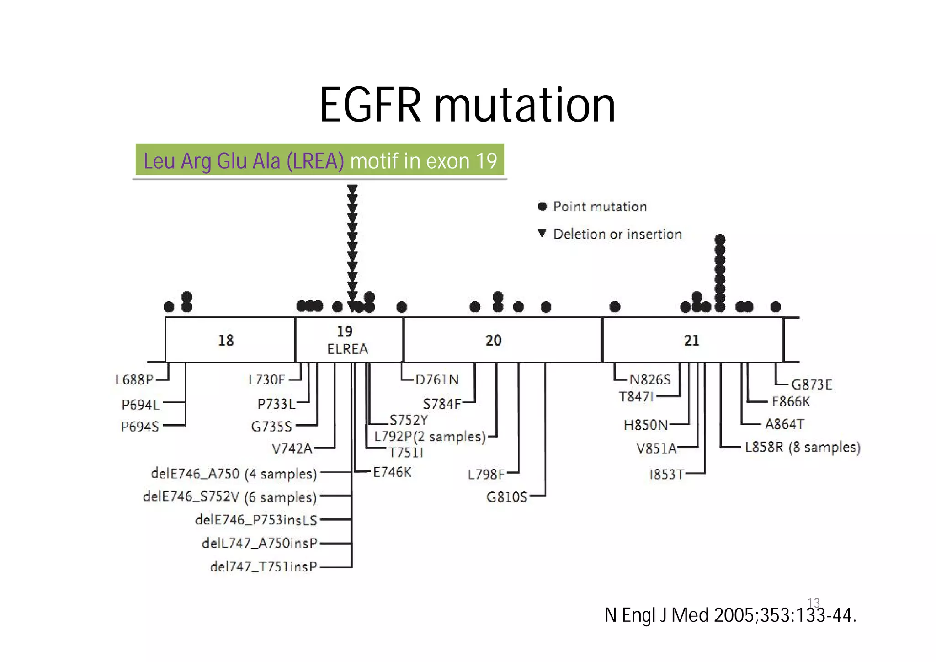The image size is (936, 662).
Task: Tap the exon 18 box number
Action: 226,340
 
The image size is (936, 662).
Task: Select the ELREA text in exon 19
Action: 347,349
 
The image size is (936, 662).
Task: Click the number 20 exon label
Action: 493,340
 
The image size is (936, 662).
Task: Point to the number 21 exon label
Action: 691,340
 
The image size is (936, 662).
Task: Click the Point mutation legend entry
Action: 600,207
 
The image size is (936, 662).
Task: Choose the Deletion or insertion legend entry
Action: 617,234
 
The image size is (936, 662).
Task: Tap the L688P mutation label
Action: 134,379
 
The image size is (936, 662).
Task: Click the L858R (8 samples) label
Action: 803,447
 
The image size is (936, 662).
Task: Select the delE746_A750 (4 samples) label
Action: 234,474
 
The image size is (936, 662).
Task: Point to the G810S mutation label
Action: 507,496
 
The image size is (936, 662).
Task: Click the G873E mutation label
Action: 812,384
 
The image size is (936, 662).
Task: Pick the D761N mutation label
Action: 437,379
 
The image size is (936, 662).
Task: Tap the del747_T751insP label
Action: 263,567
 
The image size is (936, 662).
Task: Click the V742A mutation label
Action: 292,448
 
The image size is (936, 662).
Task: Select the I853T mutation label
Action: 667,475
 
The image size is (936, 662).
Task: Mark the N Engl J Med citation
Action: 730,615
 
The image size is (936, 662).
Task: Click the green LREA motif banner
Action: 320,160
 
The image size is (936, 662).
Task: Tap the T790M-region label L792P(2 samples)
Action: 430,437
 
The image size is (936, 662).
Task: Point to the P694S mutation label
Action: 140,427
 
